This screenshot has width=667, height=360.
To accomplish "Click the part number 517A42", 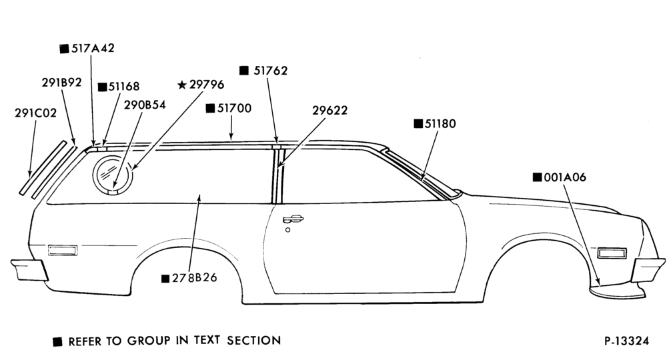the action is pyautogui.click(x=93, y=48).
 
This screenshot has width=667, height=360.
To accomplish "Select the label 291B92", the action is pyautogui.click(x=61, y=82).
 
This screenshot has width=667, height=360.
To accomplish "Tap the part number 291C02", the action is pyautogui.click(x=36, y=113).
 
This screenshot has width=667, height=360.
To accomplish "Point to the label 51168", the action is pyautogui.click(x=124, y=87).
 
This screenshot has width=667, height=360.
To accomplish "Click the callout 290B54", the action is pyautogui.click(x=145, y=105).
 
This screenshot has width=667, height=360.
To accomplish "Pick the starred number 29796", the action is pyautogui.click(x=207, y=85).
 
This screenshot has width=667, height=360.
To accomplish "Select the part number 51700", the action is pyautogui.click(x=234, y=109).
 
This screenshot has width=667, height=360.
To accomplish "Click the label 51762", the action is pyautogui.click(x=271, y=71).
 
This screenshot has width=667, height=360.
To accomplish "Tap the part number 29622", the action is pyautogui.click(x=330, y=111).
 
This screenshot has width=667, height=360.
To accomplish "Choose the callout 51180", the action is pyautogui.click(x=440, y=124).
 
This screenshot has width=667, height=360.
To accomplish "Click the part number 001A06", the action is pyautogui.click(x=565, y=177).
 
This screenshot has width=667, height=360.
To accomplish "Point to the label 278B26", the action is pyautogui.click(x=194, y=278).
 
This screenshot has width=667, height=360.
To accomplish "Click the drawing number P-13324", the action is pyautogui.click(x=626, y=341).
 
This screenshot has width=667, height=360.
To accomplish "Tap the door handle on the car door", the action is pyautogui.click(x=293, y=219).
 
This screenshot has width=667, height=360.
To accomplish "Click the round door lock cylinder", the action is pyautogui.click(x=288, y=230).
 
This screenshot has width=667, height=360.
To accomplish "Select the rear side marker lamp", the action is pyautogui.click(x=63, y=251).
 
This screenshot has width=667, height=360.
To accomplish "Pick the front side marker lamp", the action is pyautogui.click(x=612, y=253).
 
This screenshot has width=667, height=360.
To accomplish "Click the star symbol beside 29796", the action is pyautogui.click(x=182, y=85).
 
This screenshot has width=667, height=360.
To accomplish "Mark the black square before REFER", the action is pyautogui.click(x=57, y=342).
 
